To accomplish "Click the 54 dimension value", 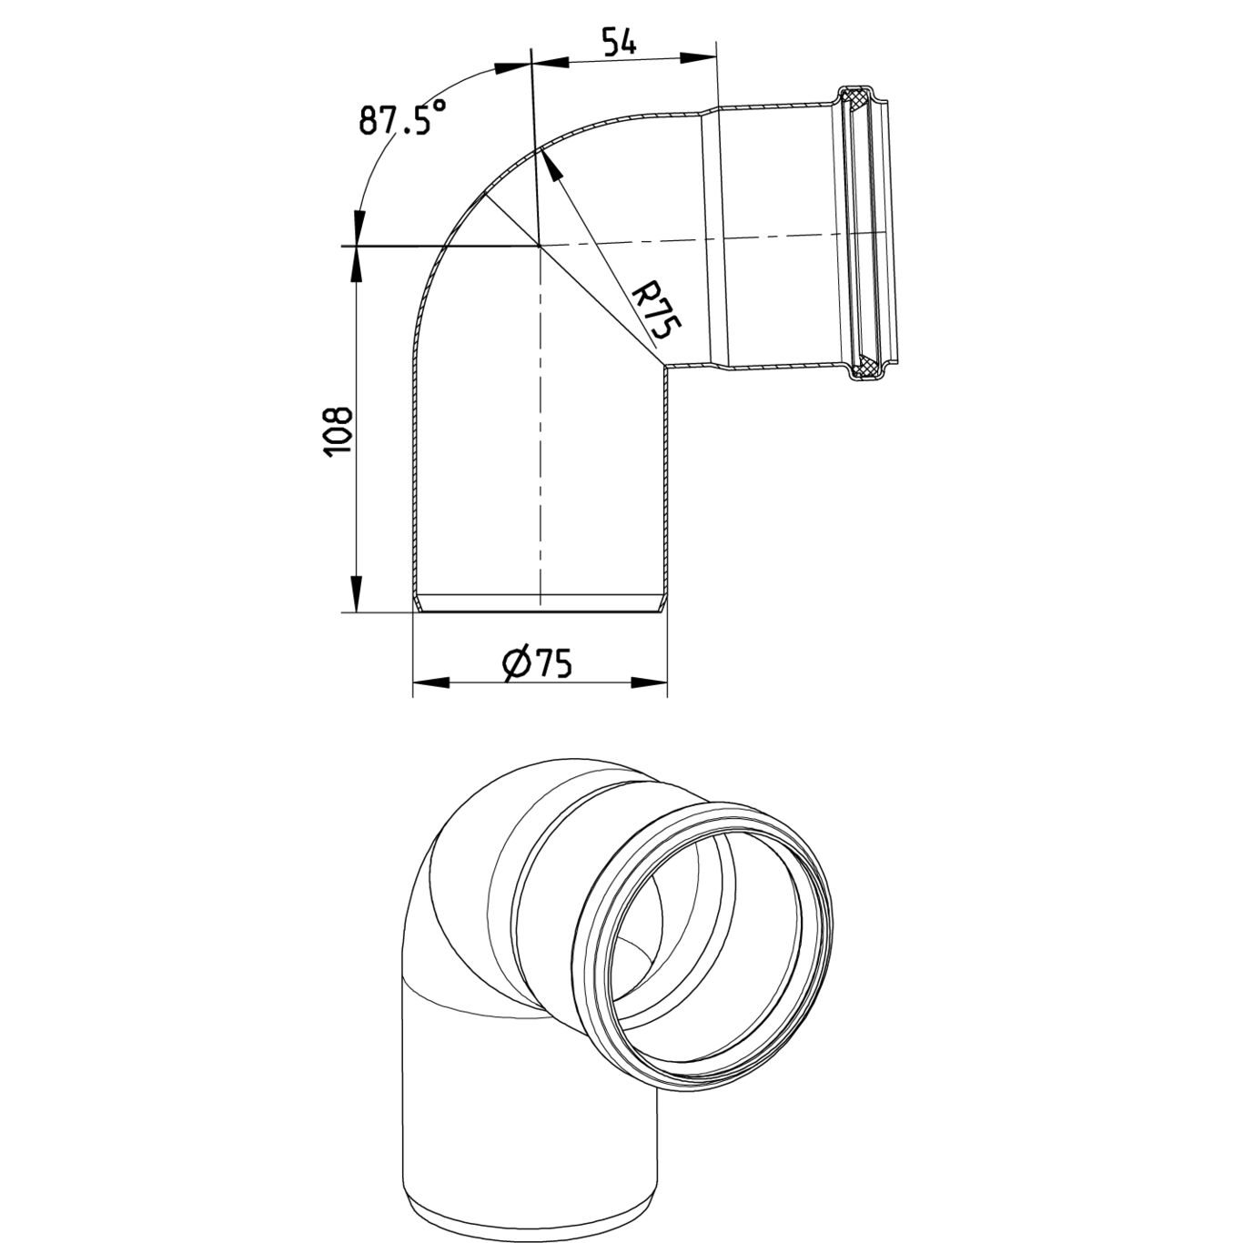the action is click(619, 41).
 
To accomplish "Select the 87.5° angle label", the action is click(402, 116).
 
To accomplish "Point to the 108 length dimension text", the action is click(338, 432).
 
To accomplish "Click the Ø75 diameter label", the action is click(537, 663).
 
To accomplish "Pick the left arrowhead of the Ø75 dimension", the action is click(431, 682).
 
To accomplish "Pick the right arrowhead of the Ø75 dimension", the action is click(649, 682).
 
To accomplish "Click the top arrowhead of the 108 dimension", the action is click(355, 265).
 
